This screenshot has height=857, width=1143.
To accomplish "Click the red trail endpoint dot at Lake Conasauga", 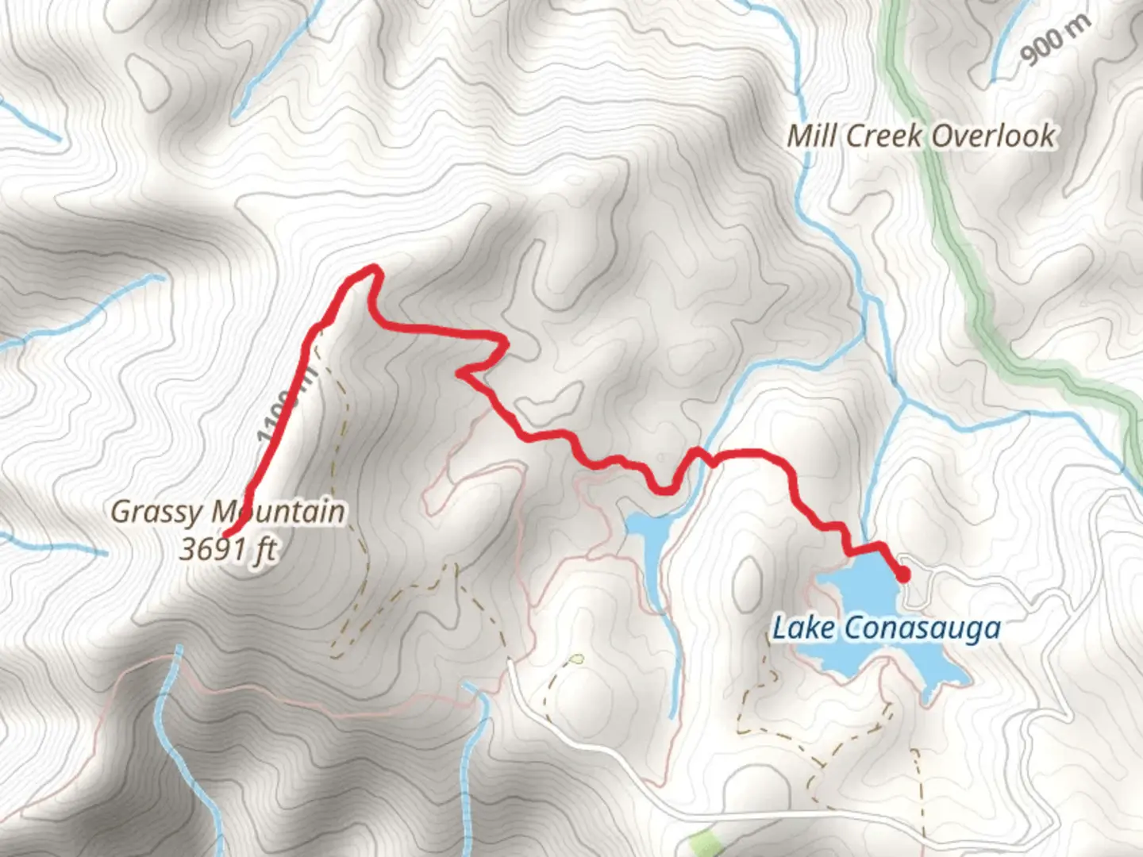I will pyautogui.click(x=902, y=575).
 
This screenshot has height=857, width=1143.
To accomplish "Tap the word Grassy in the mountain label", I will pyautogui.click(x=156, y=512).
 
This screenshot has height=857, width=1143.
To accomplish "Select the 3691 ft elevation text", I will pyautogui.click(x=228, y=549).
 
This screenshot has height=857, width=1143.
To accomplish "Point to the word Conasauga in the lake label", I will pyautogui.click(x=921, y=628).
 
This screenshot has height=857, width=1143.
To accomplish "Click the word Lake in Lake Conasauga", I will pyautogui.click(x=803, y=628).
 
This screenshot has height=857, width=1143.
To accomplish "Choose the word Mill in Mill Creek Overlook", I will pyautogui.click(x=811, y=136).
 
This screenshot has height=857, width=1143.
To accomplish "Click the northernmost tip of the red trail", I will pyautogui.click(x=371, y=269).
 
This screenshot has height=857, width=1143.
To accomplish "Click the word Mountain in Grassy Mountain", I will pyautogui.click(x=278, y=512).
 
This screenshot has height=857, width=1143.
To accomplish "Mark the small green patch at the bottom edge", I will pyautogui.click(x=702, y=842).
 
